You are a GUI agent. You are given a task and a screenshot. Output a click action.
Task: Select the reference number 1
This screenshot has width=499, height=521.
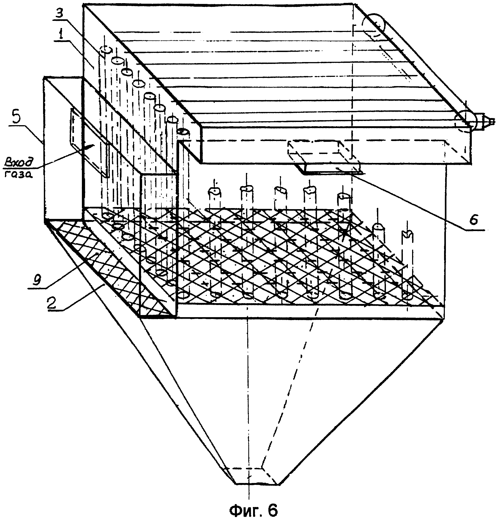pos(61,34)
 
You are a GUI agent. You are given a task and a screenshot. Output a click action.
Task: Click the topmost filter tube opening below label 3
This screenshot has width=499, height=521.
pos(106,49)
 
